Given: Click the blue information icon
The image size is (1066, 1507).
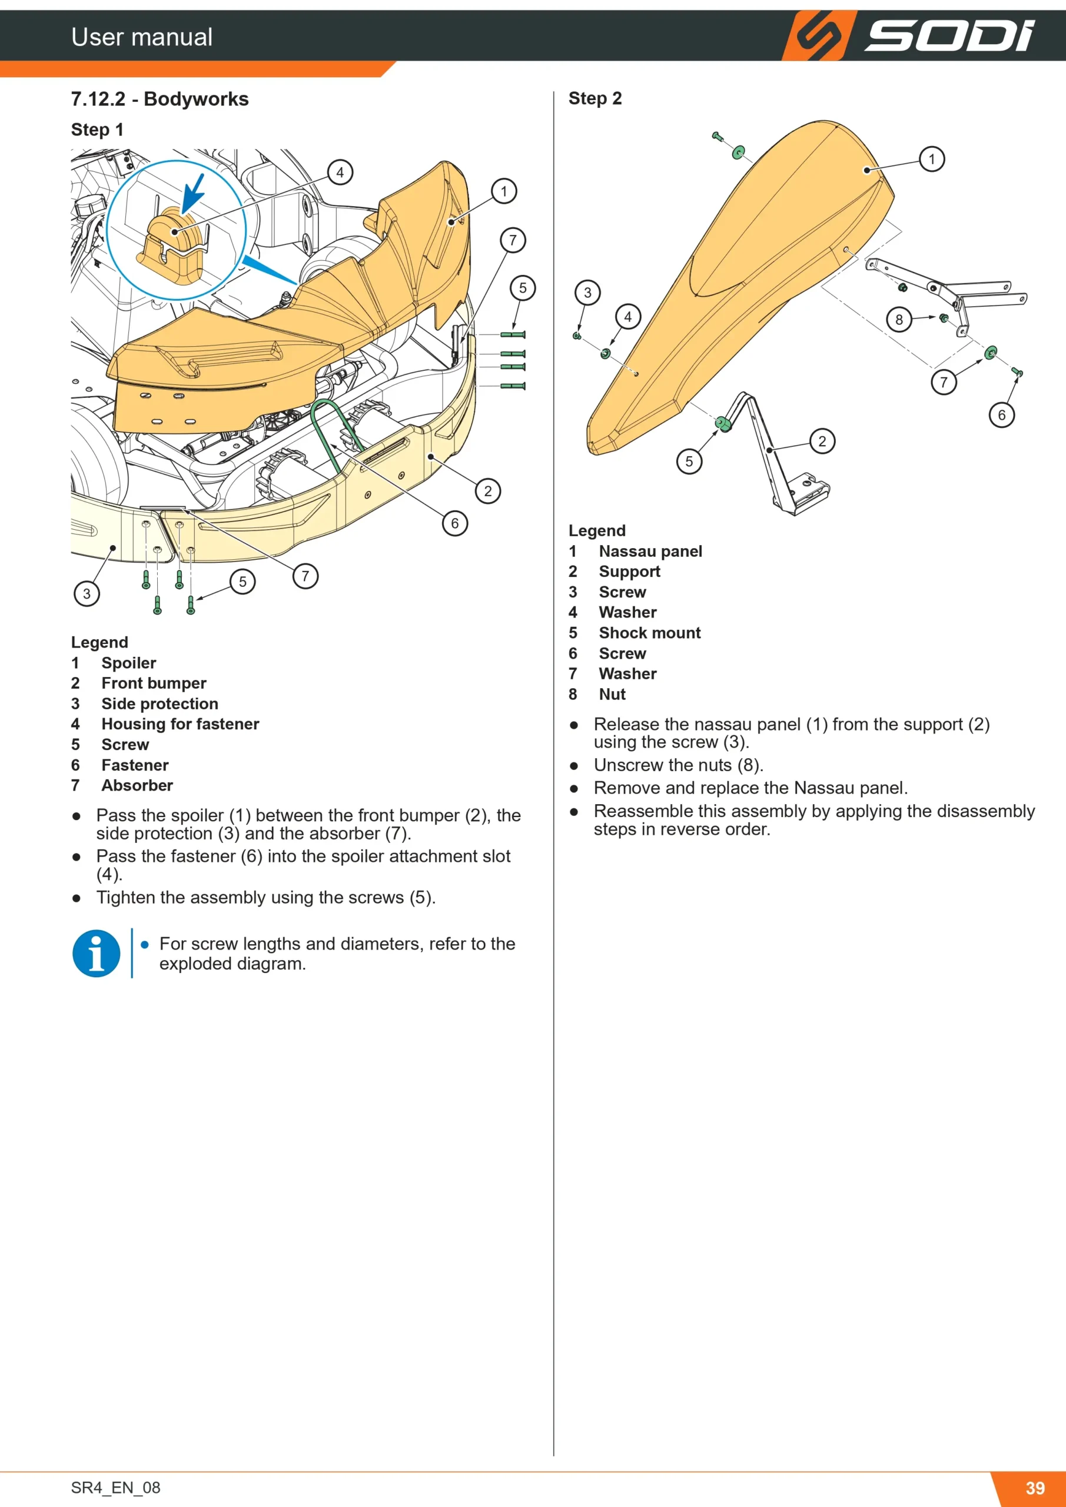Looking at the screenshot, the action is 96,953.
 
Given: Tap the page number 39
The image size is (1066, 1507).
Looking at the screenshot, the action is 1035,1488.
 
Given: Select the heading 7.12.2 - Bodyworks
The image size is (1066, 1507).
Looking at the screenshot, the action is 160,99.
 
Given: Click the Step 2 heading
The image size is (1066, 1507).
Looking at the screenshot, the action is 595,98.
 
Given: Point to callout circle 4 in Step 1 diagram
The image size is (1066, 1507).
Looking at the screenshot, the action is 340,172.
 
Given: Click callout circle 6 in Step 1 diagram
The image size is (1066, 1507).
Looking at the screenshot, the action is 455,523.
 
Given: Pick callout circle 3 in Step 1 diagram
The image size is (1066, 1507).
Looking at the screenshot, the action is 87,594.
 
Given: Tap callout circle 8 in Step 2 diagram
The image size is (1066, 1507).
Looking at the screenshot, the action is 899,320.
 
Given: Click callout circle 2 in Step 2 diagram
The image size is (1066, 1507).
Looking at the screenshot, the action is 822,441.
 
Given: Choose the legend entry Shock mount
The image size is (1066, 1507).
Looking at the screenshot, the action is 649,633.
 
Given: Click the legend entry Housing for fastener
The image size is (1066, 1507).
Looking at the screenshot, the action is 180,724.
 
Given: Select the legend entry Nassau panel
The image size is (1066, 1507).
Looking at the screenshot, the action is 650,552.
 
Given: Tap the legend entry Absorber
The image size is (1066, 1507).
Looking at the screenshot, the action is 137,786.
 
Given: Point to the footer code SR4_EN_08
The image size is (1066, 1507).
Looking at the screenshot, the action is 115,1488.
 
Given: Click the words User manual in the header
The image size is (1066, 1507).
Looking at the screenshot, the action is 142,36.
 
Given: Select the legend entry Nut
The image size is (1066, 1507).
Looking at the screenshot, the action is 612,695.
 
